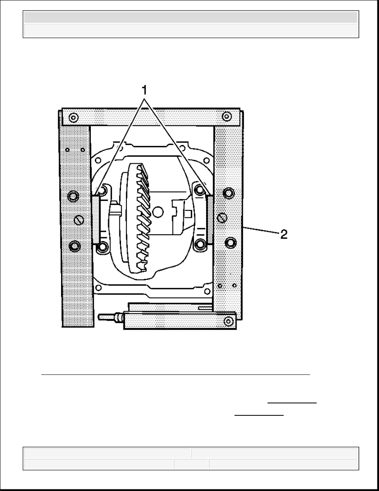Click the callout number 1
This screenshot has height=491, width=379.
144,91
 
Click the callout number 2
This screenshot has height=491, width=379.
284,234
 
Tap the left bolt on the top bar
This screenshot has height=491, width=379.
73,118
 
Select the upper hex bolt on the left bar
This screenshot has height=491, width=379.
73,196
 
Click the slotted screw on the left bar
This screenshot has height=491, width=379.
79,220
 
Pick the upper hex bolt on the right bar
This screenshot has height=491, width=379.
229,193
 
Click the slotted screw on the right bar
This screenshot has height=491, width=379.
223,217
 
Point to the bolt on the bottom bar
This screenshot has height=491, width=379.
229,321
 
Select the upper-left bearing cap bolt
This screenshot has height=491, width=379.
101,191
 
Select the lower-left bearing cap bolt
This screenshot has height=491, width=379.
102,248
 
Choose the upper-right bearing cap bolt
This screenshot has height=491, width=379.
199,189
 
